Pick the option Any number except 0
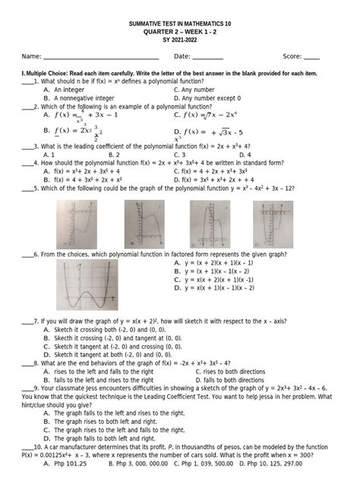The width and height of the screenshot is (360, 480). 211,98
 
